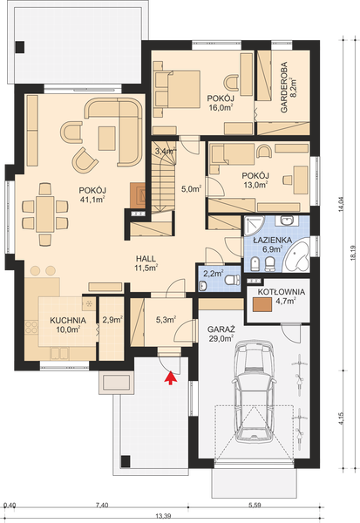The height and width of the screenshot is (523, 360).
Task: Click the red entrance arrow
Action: pos(171,377)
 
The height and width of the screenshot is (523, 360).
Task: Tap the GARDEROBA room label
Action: pos(284,87)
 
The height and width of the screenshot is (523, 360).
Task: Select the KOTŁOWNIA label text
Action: pos(281,292)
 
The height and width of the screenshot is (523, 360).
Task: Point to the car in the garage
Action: pos(255,392)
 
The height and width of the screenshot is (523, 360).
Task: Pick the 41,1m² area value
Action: pos(92,200)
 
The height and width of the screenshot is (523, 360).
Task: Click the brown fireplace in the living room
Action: pos(138,196)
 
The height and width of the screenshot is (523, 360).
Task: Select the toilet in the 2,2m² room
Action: pos(233,280)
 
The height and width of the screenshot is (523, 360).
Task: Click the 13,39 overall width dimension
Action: pos(163,516)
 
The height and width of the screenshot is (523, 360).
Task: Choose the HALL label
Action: pos(146,259)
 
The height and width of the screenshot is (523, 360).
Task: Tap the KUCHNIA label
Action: pos(68,321)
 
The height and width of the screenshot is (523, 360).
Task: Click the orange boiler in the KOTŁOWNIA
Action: pos(262,304)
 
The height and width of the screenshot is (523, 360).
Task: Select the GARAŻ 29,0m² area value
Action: pos(221,339)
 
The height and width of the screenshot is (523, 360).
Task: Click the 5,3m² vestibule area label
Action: pos(166,320)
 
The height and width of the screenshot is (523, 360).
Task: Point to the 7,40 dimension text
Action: pos(102,506)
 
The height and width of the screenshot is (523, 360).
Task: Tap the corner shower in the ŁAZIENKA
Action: pos(254,226)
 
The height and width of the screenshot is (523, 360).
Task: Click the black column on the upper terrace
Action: pos(20,47)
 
